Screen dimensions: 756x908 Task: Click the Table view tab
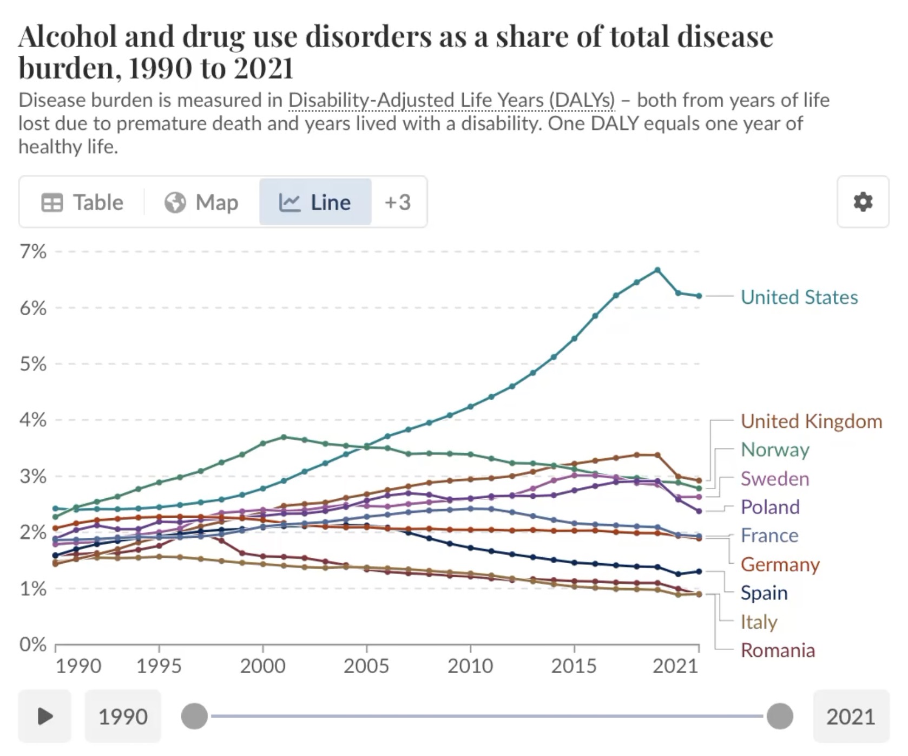click(82, 203)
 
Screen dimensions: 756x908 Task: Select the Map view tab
click(201, 203)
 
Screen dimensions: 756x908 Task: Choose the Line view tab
click(315, 203)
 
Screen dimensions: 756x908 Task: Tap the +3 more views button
click(398, 203)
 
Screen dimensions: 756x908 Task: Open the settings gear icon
click(863, 202)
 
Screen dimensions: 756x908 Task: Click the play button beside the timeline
click(45, 716)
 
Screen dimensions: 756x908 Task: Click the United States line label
click(799, 297)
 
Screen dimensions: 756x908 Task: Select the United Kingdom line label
click(811, 421)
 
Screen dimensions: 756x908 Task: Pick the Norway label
click(774, 449)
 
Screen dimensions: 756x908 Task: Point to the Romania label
click(777, 650)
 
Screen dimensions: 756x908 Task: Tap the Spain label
click(764, 592)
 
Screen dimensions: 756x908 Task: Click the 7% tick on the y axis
click(33, 252)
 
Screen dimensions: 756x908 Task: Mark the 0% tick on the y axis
click(33, 644)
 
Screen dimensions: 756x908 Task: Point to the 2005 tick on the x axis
click(366, 666)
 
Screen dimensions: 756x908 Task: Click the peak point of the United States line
click(657, 270)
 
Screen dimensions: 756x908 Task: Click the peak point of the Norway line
click(284, 437)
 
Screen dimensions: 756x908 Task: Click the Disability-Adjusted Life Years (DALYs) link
click(451, 101)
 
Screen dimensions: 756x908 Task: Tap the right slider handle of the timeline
click(780, 716)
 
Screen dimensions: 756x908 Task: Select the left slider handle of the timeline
click(194, 716)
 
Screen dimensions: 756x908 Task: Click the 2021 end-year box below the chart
click(850, 716)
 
